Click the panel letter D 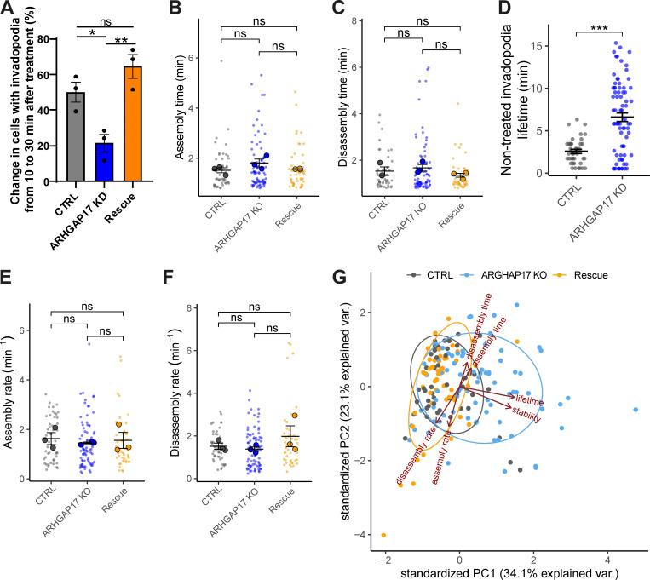pos(488,11)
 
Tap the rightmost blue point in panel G pos(636,410)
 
